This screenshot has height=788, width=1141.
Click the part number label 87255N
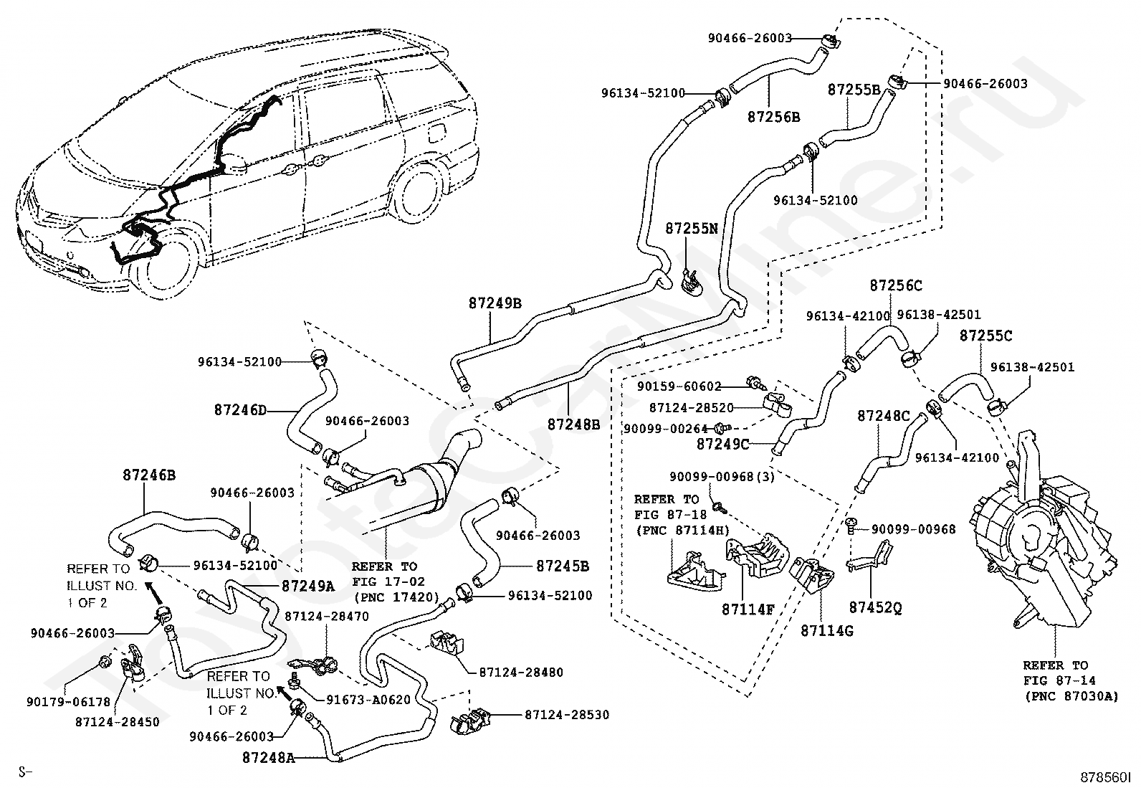691,229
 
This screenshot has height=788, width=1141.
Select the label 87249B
495,303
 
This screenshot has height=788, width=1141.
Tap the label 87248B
573,424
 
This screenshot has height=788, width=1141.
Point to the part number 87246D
240,411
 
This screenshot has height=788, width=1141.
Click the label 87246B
149,475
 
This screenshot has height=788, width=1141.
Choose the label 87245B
563,566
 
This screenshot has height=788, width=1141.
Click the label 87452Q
876,607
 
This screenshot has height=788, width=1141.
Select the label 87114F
748,609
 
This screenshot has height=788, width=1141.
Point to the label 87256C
896,285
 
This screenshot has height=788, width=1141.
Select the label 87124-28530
566,715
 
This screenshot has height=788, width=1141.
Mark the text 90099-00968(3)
722,476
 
